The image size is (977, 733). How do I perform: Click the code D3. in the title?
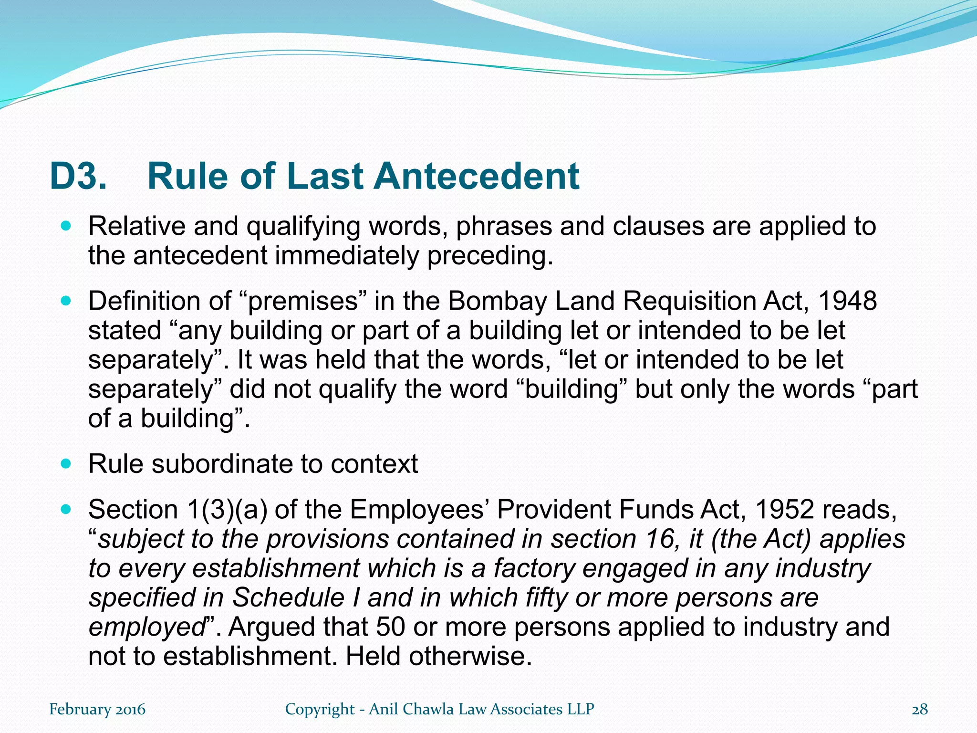pos(78,177)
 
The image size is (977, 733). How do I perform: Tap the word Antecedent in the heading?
pos(476,177)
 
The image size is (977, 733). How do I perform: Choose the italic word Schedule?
pos(288,598)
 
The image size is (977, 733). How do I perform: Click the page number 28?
pos(920,710)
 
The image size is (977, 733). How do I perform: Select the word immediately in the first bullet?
pos(348,256)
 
